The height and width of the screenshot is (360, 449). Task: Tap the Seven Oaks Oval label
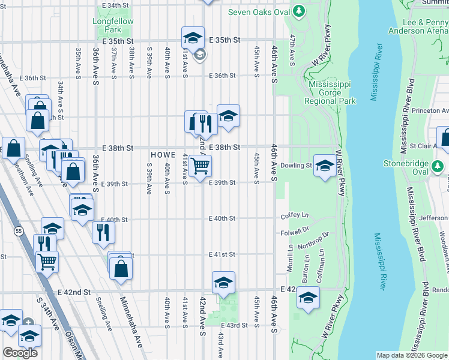click(258, 12)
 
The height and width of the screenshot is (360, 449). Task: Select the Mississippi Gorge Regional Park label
click(332, 93)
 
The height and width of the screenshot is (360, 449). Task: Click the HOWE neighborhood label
click(163, 155)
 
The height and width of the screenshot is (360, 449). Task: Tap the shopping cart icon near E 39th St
click(200, 166)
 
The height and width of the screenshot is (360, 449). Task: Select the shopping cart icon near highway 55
click(47, 261)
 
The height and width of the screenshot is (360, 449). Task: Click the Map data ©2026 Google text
click(412, 355)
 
